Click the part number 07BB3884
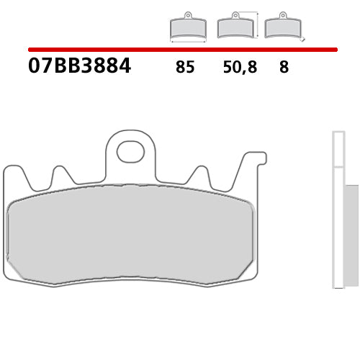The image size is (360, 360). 79,67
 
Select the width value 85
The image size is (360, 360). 184,68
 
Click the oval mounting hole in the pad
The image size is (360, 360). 130,151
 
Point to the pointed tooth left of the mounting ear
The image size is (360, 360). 60,176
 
